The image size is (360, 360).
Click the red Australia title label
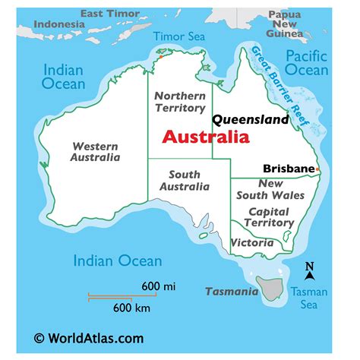point(206,138)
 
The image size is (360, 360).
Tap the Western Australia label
point(95,151)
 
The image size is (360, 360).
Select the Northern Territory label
point(179,102)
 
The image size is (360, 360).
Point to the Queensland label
point(251,119)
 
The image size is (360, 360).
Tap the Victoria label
point(253,243)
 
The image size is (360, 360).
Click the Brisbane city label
point(289,169)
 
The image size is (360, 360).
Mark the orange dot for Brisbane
point(317,169)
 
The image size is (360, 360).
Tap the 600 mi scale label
point(158,286)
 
